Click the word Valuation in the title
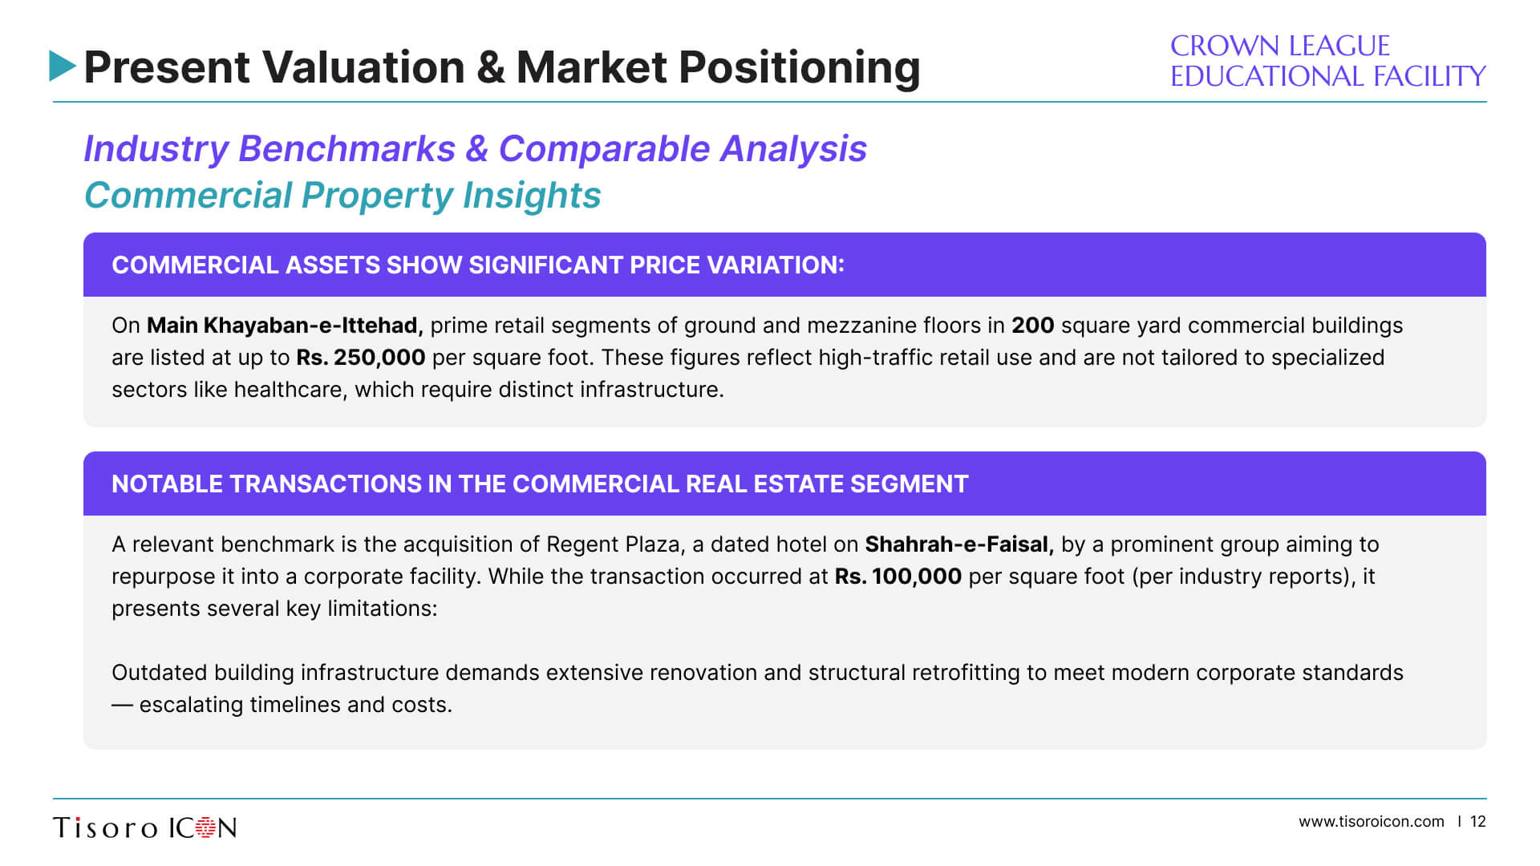point(363,67)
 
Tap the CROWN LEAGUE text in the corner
point(1279,46)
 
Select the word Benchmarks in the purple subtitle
point(347,148)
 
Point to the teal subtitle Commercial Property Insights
point(342,195)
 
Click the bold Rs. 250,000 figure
point(361,358)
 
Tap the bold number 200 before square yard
point(1032,326)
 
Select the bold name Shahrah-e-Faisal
point(959,544)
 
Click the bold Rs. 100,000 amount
point(898,577)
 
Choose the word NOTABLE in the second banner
point(167,484)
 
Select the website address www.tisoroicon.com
point(1372,822)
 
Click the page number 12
point(1478,822)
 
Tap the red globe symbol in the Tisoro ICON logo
point(207,828)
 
